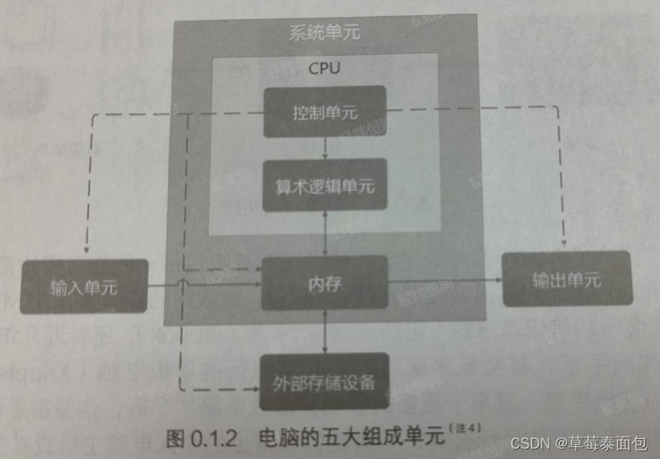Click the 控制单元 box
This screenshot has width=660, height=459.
[x=324, y=111]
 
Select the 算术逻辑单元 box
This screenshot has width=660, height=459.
[x=325, y=185]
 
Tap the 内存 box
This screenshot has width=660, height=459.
[x=324, y=283]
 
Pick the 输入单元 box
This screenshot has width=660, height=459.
[x=83, y=286]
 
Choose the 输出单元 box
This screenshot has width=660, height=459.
[x=566, y=278]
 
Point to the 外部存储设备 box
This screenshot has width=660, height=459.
[x=324, y=379]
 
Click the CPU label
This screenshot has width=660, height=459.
[x=324, y=68]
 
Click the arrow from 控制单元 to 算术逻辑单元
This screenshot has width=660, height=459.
[x=325, y=148]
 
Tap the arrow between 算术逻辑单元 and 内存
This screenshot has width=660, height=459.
[x=325, y=233]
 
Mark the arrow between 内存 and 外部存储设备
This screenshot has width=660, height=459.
[x=325, y=331]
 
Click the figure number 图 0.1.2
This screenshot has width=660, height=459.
[x=202, y=437]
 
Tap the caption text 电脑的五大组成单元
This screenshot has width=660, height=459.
[x=352, y=437]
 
